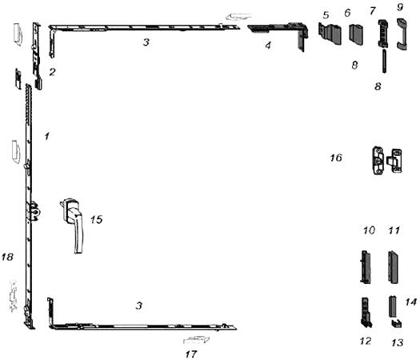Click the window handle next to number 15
click(73, 222)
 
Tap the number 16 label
click(336, 158)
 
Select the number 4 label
click(268, 46)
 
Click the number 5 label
click(326, 15)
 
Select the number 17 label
click(191, 354)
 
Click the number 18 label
click(7, 257)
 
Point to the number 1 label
click(47, 136)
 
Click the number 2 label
click(52, 72)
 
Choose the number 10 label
click(369, 230)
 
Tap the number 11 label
click(394, 230)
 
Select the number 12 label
click(366, 341)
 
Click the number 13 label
click(398, 342)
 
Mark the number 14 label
click(411, 302)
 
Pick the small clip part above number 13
click(397, 323)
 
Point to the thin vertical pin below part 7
click(385, 61)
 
